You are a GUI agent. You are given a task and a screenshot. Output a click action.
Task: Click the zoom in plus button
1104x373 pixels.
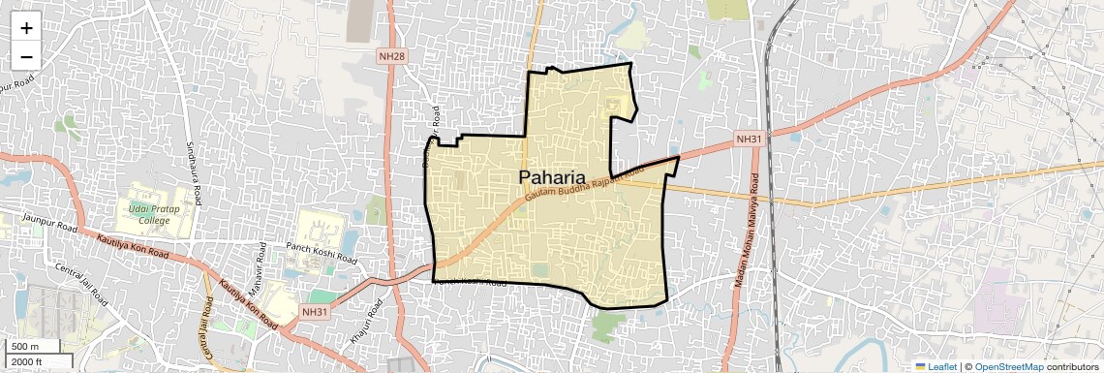[26, 28]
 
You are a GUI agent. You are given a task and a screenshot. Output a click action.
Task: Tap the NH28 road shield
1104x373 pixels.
[392, 56]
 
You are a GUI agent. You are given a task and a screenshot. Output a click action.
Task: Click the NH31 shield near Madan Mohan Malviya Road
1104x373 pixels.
[749, 140]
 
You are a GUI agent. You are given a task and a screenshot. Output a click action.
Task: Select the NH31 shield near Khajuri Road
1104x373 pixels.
[315, 312]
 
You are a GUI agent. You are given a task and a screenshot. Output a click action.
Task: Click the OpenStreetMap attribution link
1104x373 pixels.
[1008, 366]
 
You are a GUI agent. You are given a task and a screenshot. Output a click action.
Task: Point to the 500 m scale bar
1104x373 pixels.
[27, 347]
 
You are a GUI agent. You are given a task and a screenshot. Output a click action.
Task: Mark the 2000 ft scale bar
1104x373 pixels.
[29, 362]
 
